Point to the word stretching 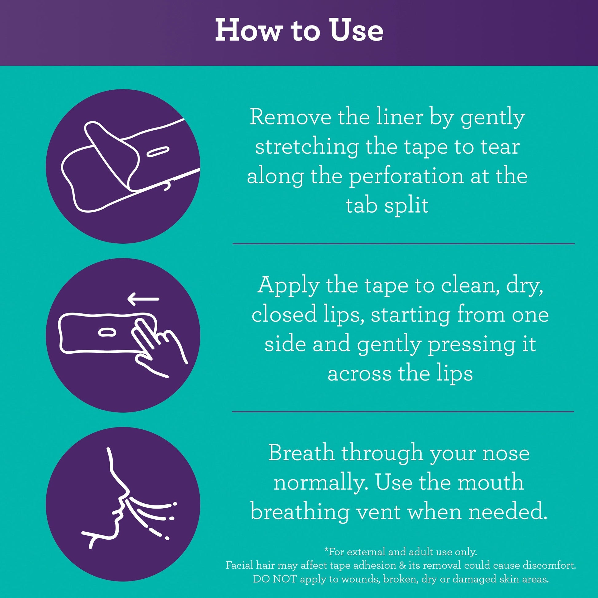point(307,148)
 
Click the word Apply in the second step point(288,285)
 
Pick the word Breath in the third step point(301,453)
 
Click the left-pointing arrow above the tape point(144,299)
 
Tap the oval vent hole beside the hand point(107,332)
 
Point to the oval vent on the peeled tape point(157,152)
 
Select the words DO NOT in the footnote point(275,579)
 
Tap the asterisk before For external point(326,549)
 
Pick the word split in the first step point(407,206)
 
